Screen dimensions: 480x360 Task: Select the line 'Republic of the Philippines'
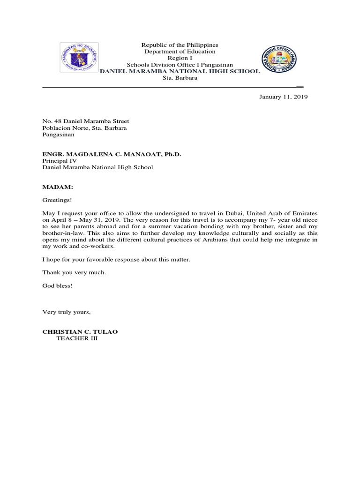coord(180,45)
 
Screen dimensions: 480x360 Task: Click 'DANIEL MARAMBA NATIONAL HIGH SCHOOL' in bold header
coord(180,71)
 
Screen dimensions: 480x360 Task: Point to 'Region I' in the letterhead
coord(180,58)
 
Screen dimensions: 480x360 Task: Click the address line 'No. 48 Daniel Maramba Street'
coord(86,121)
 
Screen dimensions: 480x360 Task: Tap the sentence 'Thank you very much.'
coord(74,272)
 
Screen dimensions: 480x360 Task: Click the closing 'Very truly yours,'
coord(66,312)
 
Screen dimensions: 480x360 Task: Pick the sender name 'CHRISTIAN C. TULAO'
coord(80,332)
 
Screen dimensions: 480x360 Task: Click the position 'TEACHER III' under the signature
coord(77,338)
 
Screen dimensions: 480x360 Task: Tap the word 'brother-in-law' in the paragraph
coord(61,233)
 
